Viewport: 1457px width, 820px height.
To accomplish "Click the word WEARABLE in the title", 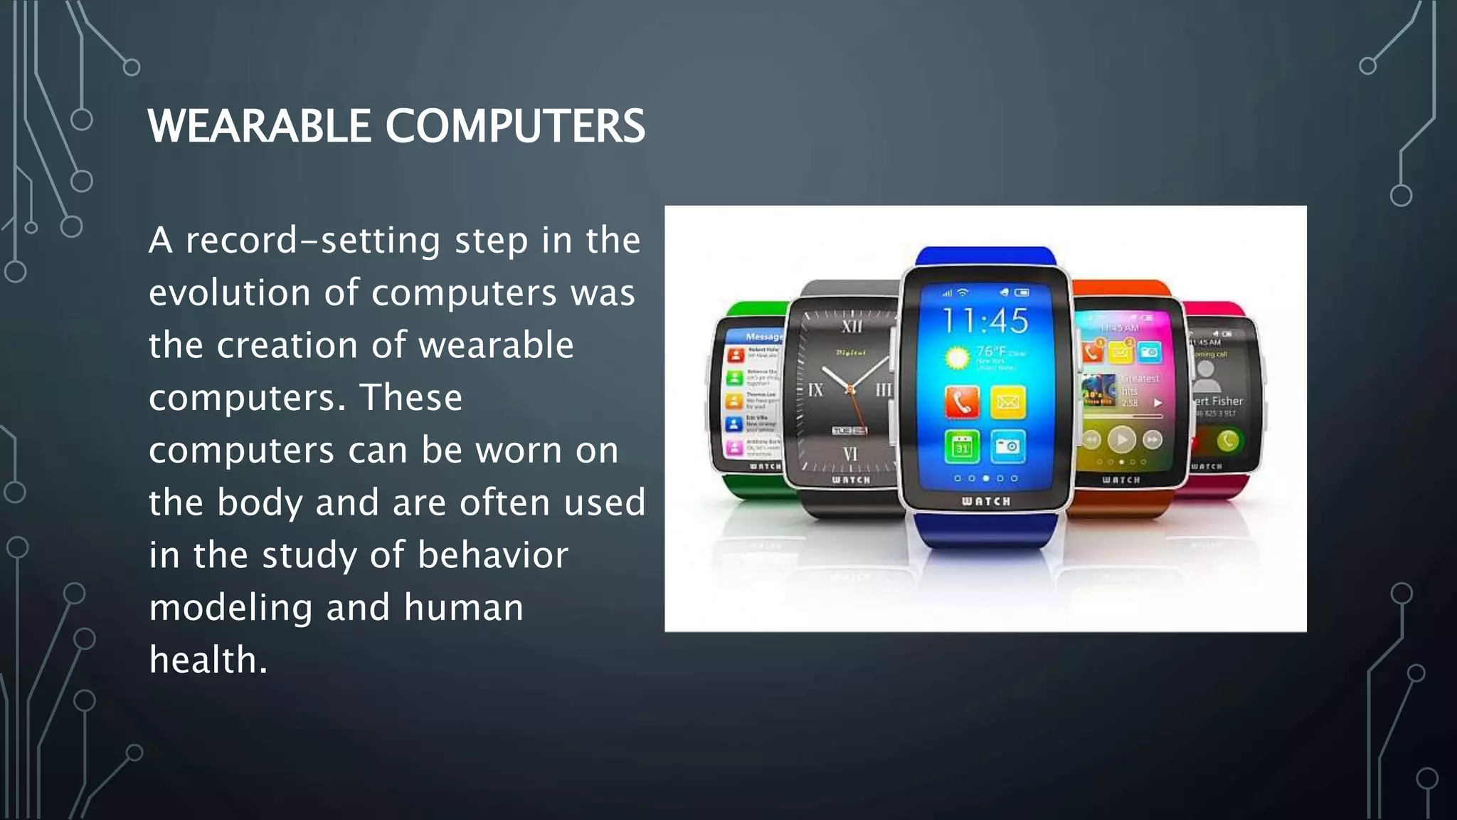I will (x=260, y=126).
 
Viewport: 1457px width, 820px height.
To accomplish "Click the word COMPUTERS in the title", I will (x=515, y=126).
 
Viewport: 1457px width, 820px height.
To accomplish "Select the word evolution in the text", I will (x=229, y=293).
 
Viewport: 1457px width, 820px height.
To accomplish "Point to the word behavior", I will (x=493, y=555).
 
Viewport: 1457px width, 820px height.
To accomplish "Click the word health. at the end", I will (x=208, y=660).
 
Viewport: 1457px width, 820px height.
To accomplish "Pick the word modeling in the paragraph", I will (x=231, y=608).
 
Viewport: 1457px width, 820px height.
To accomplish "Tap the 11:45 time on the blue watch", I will (x=985, y=321).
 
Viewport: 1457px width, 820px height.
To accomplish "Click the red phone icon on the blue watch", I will (x=962, y=402).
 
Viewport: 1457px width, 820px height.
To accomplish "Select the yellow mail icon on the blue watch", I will (x=1007, y=402).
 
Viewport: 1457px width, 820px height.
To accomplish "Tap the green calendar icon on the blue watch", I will (x=962, y=447).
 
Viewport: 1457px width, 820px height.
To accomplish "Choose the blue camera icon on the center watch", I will (x=1007, y=447).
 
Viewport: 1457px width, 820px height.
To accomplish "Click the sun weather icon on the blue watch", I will (x=957, y=357).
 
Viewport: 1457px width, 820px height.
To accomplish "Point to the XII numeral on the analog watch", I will (x=852, y=326).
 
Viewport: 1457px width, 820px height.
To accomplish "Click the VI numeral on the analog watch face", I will (x=850, y=453).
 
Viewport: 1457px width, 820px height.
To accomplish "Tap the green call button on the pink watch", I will (x=1227, y=441).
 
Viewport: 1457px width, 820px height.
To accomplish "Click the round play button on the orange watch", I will (x=1122, y=439).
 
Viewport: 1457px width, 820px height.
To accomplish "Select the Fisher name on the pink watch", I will (x=1226, y=401).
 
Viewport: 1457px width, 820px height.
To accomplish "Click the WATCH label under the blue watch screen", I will (x=985, y=501).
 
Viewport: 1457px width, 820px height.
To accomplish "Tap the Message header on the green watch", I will (x=763, y=336).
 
